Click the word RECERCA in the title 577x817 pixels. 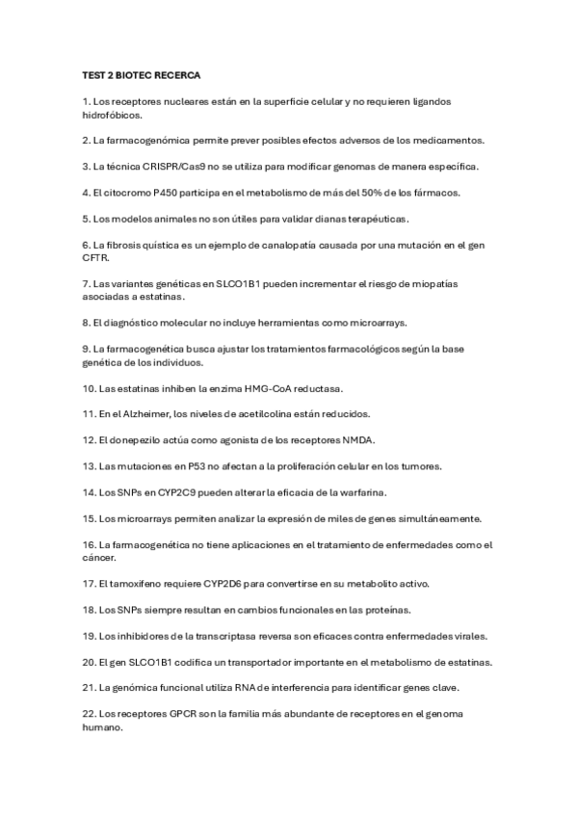coord(174,74)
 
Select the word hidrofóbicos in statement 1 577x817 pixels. coord(112,115)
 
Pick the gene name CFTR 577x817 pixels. coord(95,258)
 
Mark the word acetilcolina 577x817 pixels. coord(272,414)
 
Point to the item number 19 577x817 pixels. coord(89,636)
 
